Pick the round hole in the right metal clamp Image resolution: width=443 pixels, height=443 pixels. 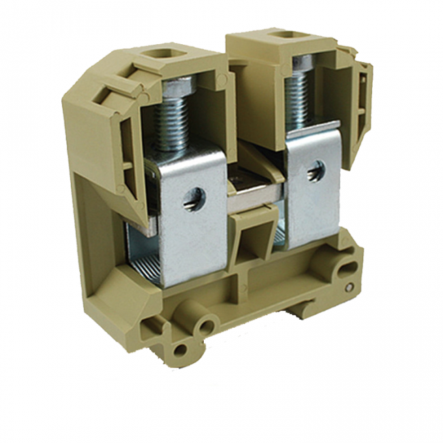point(315,171)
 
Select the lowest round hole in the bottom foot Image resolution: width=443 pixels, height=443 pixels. point(179,351)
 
